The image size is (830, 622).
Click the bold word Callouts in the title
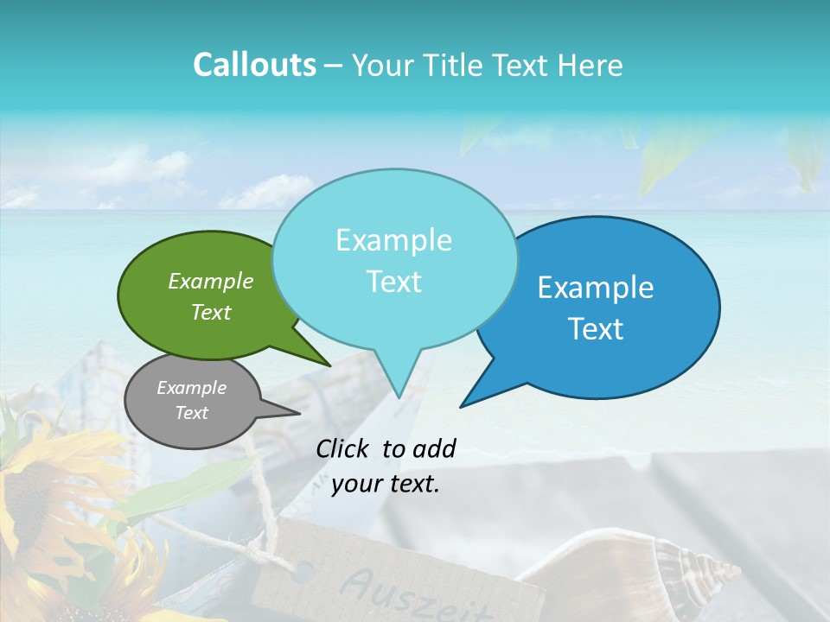254,65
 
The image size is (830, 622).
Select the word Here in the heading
591,65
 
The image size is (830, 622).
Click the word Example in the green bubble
211,281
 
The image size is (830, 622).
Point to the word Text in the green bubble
211,312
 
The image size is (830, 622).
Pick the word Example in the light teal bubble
393,240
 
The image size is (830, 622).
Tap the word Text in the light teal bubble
393,282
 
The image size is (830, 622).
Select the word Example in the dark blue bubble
596,288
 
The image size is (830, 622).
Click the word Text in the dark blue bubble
596,329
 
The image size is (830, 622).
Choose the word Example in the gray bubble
191,388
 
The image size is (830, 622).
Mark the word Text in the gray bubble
191,413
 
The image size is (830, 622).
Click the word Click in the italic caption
344,448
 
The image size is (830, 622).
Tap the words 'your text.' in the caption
386,484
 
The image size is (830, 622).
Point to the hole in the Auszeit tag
303,571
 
